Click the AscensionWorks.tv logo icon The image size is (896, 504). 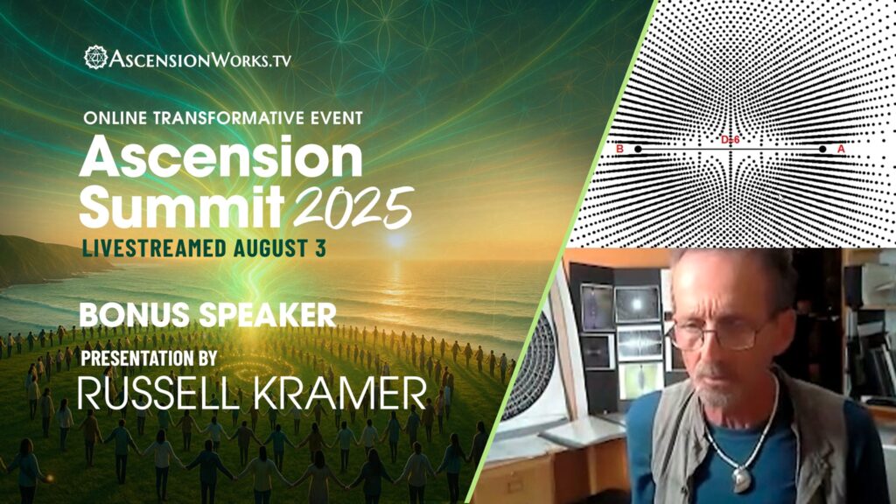pos(95,58)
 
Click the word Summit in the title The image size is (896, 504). pos(181,206)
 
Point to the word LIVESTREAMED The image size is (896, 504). pos(155,248)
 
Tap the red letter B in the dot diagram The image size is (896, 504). pos(620,149)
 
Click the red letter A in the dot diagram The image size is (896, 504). pos(841,149)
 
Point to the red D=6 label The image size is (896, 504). pos(731,139)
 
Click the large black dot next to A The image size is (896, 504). pos(822,149)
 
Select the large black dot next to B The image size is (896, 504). pos(638,149)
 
